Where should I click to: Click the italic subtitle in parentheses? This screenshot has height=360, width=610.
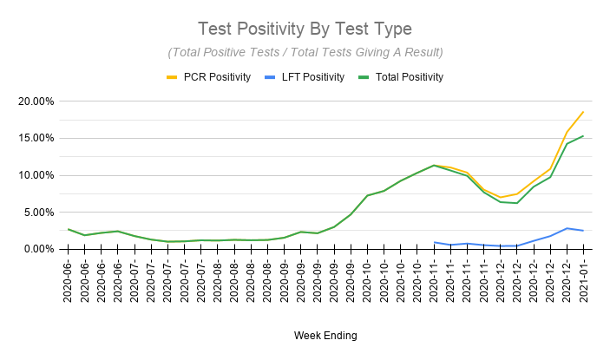305,52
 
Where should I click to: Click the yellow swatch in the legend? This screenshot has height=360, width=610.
172,77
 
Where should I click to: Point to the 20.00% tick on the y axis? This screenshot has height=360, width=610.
34,101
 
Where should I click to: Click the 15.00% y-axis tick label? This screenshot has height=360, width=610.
34,138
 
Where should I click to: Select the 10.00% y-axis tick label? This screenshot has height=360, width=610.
34,175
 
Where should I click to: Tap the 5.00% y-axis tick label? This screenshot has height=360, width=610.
36,212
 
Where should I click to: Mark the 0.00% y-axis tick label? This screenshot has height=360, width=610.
36,249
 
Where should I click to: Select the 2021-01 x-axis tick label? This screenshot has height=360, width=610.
583,281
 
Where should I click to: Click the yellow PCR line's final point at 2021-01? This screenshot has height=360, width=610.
583,111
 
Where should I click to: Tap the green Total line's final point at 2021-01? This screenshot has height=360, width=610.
583,135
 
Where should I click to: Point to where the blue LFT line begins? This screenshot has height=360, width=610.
434,242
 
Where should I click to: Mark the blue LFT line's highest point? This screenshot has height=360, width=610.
566,228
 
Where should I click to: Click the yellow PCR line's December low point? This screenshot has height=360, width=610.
500,197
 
